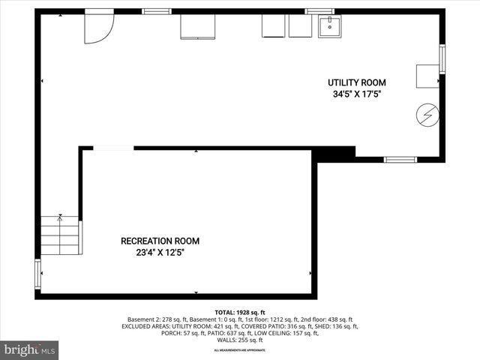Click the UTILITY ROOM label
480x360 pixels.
[356, 82]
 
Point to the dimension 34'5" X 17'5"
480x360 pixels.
[356, 95]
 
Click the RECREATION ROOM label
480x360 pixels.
[160, 241]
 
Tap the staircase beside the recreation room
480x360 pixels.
[60, 234]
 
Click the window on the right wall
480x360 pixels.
[442, 58]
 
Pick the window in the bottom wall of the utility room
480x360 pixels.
[400, 159]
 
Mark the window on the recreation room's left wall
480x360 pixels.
[37, 274]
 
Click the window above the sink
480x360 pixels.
[319, 10]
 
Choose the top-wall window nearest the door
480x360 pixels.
[156, 10]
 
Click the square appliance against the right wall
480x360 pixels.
[427, 76]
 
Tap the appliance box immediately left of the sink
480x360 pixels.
[301, 25]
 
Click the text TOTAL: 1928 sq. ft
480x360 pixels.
[240, 312]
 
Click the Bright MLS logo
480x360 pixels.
[30, 349]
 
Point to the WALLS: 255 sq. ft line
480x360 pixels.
[240, 340]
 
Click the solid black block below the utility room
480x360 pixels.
[333, 153]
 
